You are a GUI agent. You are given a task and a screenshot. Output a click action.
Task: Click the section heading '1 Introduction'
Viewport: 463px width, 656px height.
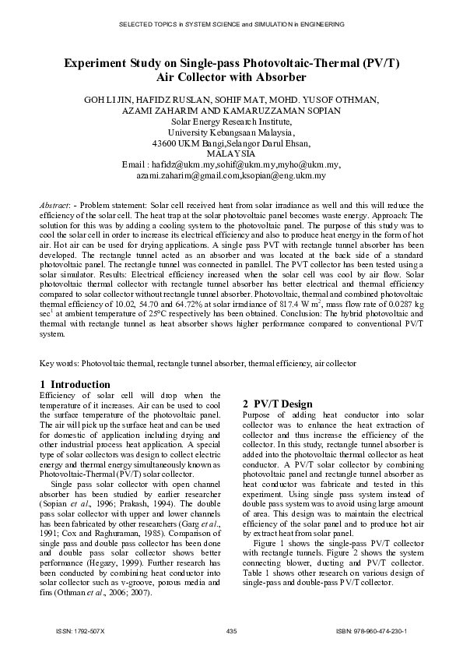click(75, 384)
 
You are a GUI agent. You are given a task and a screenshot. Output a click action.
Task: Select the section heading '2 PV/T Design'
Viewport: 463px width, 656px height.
click(278, 404)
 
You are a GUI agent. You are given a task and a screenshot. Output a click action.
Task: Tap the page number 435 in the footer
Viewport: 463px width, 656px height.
click(231, 630)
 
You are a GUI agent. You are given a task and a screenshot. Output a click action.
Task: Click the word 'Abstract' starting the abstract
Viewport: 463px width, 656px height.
click(55, 204)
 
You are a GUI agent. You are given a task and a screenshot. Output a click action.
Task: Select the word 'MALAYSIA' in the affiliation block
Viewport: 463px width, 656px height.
click(231, 154)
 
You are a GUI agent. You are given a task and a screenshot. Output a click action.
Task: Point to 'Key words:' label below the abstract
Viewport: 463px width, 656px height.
click(59, 363)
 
